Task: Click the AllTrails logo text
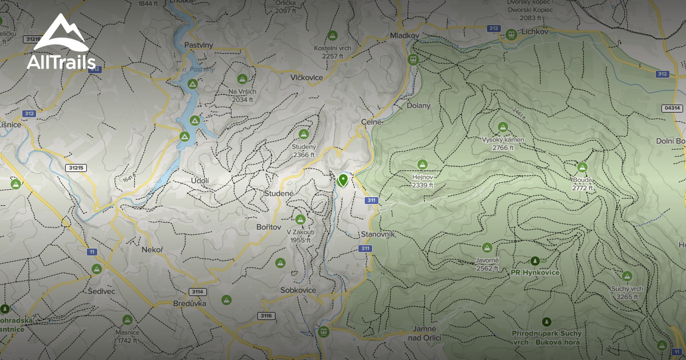click(x=61, y=62)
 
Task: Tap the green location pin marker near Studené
click(x=343, y=181)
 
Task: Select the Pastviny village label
click(x=199, y=45)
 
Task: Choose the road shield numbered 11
click(x=91, y=251)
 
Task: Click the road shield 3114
click(x=197, y=292)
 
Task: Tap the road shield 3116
click(x=265, y=315)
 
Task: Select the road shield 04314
click(x=672, y=108)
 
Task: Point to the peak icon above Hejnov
click(x=422, y=165)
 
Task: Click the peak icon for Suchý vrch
click(x=627, y=276)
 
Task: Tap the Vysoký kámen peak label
click(x=503, y=140)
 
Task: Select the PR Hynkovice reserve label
click(x=536, y=273)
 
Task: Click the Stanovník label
click(x=378, y=235)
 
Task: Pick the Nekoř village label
click(x=153, y=250)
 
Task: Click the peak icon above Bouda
click(x=582, y=167)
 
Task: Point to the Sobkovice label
click(x=298, y=290)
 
